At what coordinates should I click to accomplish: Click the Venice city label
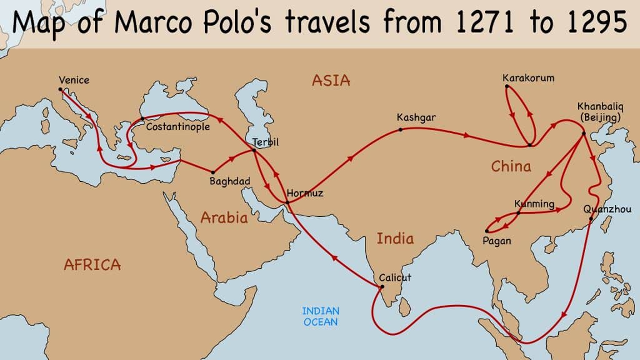click(74, 80)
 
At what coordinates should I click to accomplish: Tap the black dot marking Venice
click(61, 89)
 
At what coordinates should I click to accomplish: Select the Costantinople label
click(177, 127)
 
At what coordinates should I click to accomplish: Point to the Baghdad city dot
click(213, 172)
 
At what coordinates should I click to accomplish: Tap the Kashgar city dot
click(401, 129)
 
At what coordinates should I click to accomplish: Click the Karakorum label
click(528, 78)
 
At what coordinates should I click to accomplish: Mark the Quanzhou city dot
click(591, 219)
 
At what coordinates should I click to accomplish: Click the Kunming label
click(534, 204)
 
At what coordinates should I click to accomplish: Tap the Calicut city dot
click(381, 287)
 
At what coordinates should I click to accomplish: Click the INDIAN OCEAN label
click(321, 316)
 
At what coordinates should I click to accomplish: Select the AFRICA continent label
click(92, 264)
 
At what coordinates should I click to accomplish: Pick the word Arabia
click(224, 217)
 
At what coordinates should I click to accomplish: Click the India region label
click(394, 238)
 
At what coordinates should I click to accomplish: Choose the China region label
click(511, 166)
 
